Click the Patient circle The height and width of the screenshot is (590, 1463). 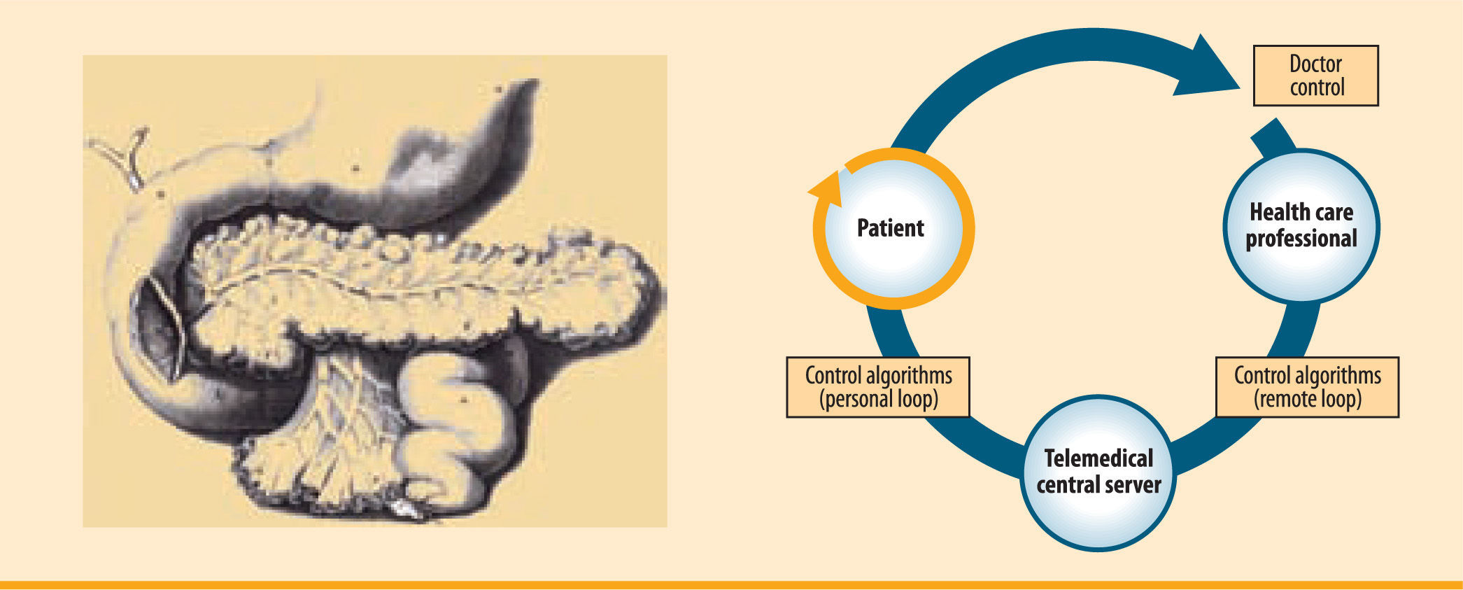tap(893, 228)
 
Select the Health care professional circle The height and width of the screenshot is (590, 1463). tap(1301, 226)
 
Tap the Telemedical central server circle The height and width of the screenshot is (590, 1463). tap(1098, 473)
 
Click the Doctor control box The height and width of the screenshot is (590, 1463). tap(1315, 76)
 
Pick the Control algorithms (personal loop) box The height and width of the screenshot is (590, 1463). tap(878, 387)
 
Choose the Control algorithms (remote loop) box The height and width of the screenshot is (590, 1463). tap(1307, 387)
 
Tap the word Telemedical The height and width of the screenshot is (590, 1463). tap(1098, 458)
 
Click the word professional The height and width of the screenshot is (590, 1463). tap(1301, 239)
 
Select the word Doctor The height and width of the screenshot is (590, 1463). tap(1315, 64)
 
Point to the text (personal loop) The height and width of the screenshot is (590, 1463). tap(879, 399)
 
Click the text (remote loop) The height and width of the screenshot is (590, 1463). tap(1307, 399)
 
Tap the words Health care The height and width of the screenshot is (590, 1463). tap(1301, 212)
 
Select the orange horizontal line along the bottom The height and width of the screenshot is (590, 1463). tap(731, 584)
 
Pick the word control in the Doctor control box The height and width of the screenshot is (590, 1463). tap(1317, 87)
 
